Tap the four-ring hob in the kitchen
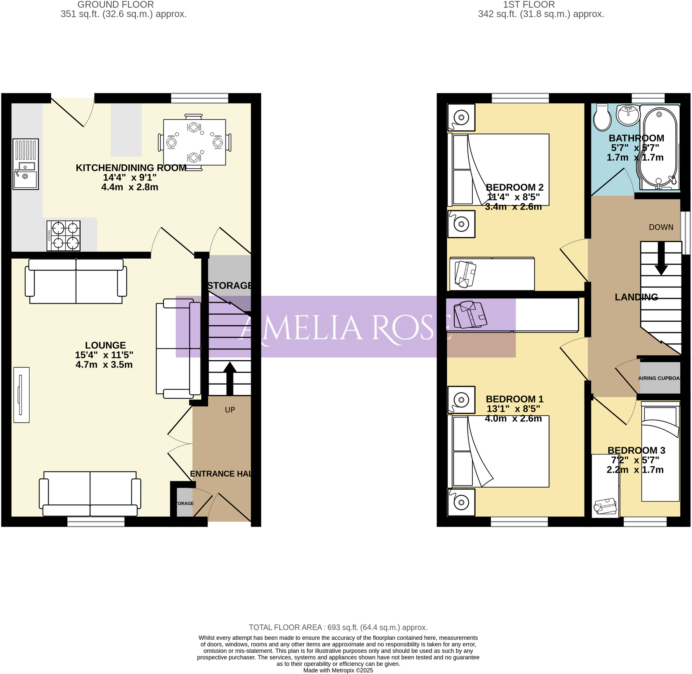(63, 236)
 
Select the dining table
(194, 142)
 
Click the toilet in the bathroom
(602, 117)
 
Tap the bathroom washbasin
(628, 115)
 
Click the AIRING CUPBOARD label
(659, 378)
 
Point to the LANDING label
(636, 297)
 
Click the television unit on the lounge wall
(21, 395)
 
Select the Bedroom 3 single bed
(660, 454)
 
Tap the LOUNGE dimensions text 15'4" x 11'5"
(104, 355)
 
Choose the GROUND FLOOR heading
(115, 5)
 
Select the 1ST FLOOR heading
(528, 5)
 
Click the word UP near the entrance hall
(230, 410)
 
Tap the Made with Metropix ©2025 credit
(338, 670)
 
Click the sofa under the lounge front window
(90, 493)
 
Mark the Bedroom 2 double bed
(499, 170)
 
